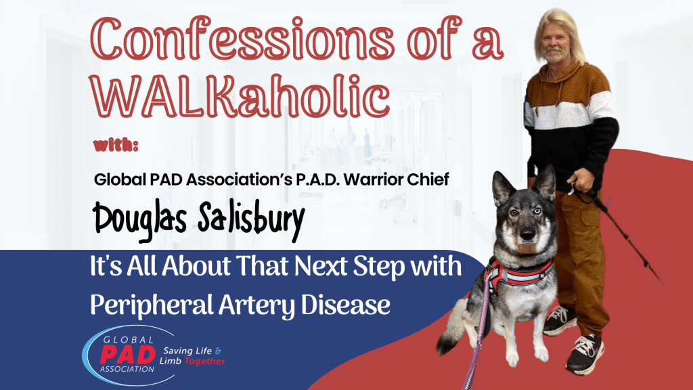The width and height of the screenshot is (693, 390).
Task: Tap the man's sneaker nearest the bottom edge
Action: pyautogui.click(x=585, y=353)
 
